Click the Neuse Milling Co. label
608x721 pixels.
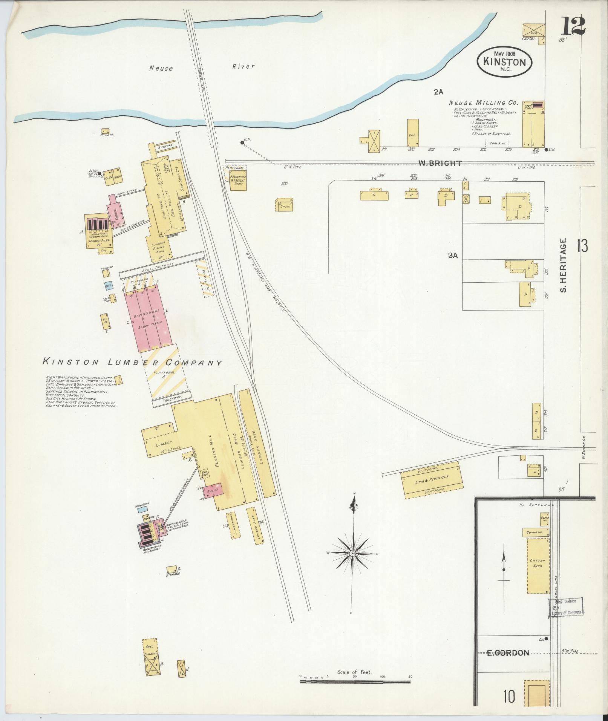click(483, 103)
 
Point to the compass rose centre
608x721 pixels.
click(352, 553)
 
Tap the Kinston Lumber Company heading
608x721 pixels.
click(132, 363)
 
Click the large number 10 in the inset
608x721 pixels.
click(508, 697)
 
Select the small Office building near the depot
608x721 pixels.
click(285, 205)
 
